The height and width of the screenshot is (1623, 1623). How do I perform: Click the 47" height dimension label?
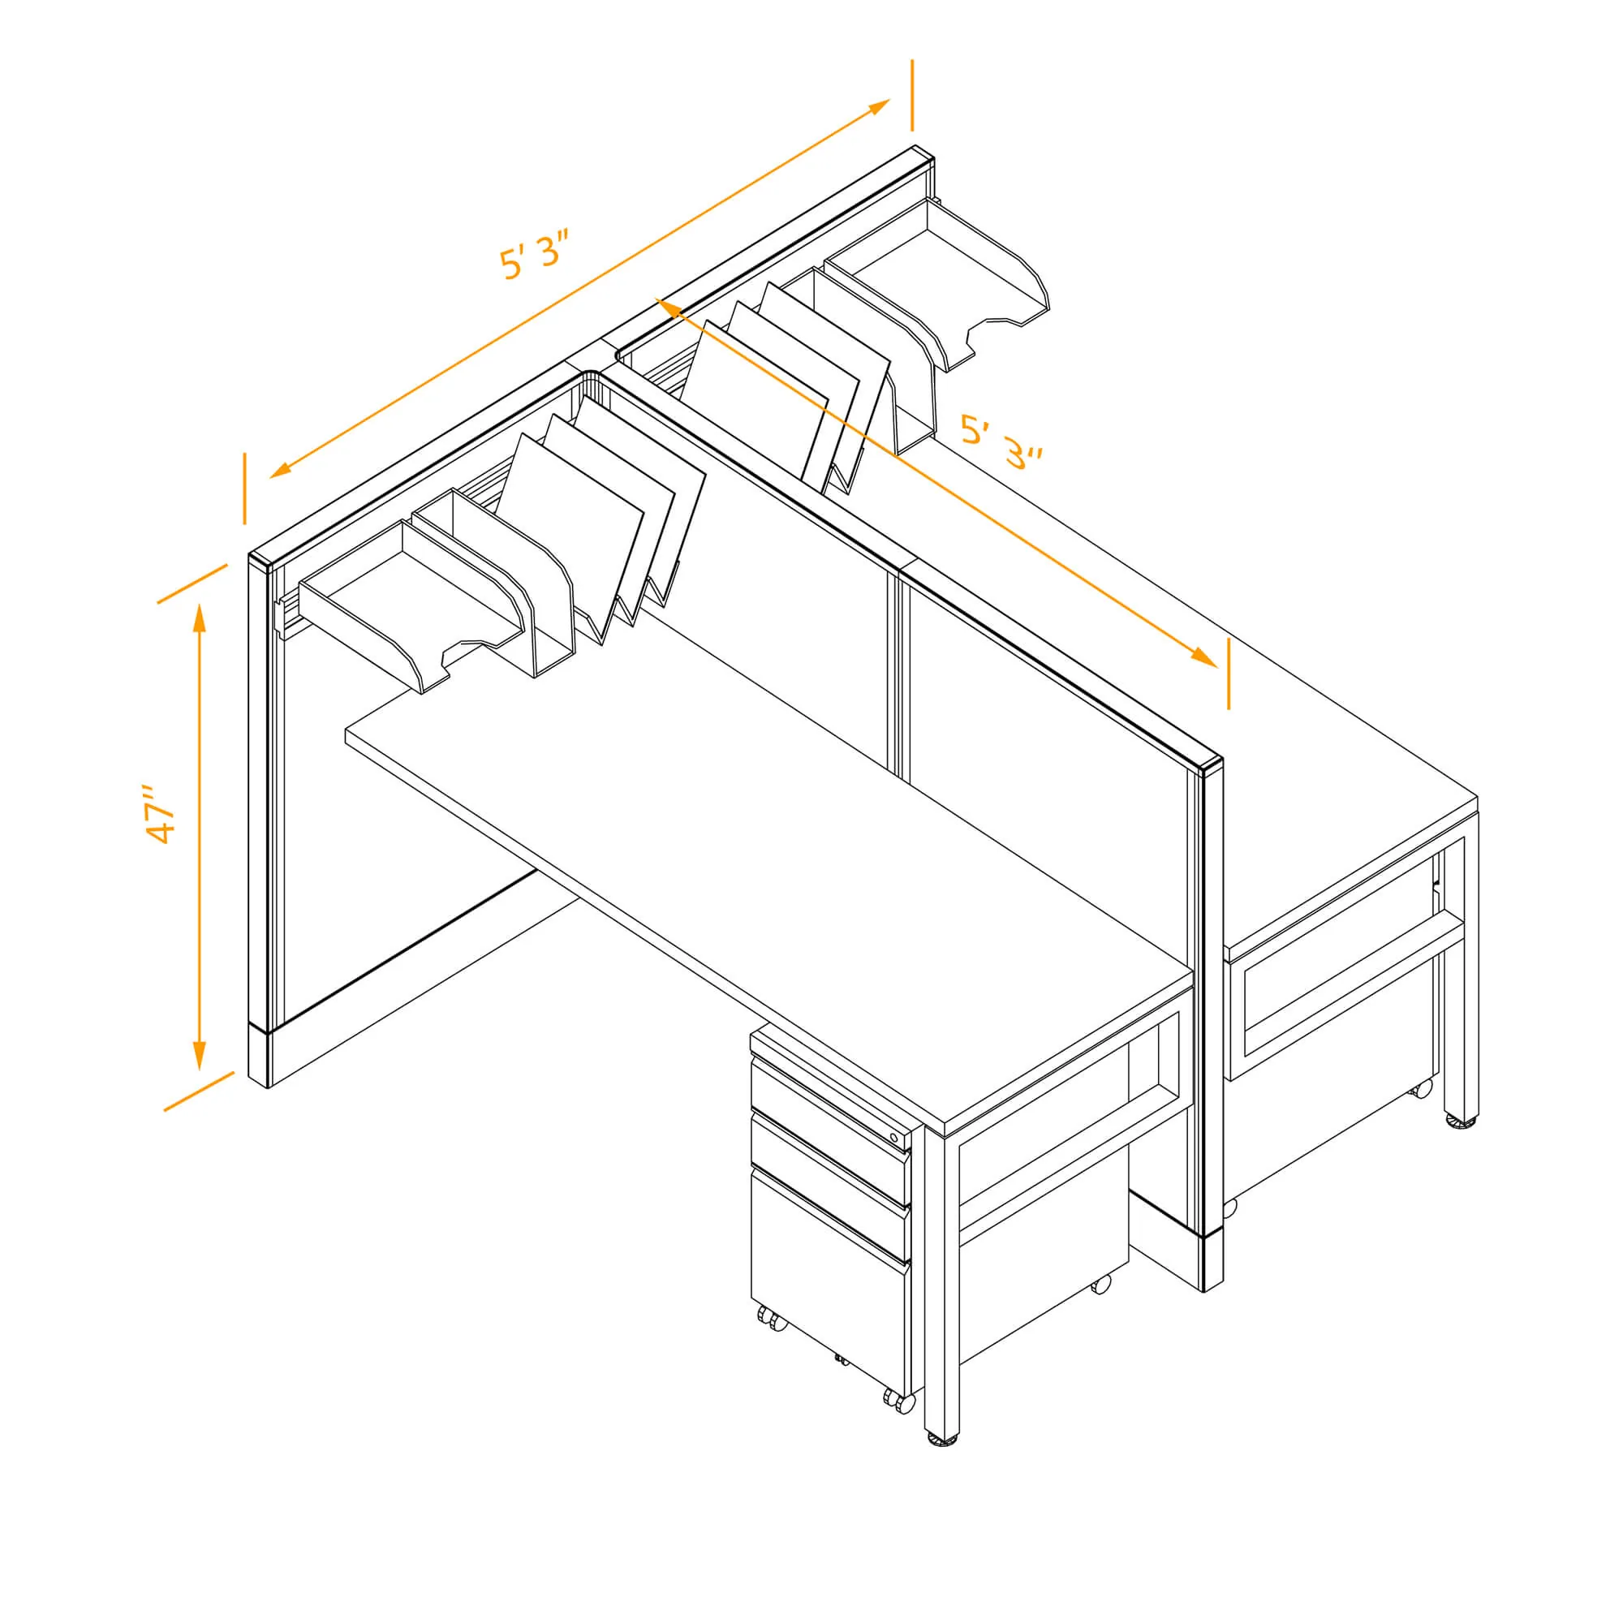click(x=160, y=815)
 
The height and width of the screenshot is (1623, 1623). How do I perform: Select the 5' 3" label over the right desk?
click(x=1001, y=442)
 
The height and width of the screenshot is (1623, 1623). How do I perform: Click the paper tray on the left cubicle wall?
click(x=411, y=601)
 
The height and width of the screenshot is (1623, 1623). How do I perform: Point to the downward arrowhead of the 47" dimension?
click(x=199, y=1054)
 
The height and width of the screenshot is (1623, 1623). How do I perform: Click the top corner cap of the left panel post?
click(x=260, y=562)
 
